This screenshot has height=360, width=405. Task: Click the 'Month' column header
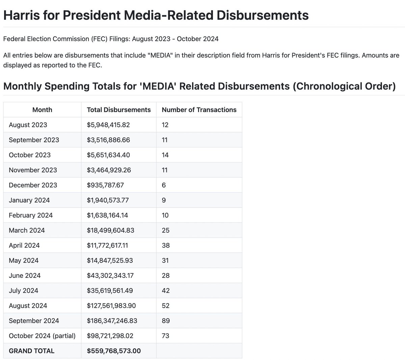coord(42,110)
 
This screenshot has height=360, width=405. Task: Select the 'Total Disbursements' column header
coord(118,110)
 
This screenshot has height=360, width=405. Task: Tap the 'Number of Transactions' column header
coord(199,110)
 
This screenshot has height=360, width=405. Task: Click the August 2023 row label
coord(28,125)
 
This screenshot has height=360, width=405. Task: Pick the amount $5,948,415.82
coord(108,125)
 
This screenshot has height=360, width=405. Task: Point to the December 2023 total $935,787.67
coord(105,185)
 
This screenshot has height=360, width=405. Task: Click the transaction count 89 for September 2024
coord(165,321)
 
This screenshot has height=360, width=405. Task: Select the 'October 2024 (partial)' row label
coord(42,336)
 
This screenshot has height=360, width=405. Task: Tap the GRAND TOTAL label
coord(31,351)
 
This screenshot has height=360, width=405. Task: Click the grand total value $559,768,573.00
coord(114,351)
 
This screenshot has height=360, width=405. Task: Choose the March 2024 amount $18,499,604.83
coord(110,230)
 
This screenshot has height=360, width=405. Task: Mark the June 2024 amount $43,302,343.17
coord(110,276)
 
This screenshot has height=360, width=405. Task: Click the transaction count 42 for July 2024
coord(166,290)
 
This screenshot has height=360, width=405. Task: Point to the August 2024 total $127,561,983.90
coord(111,306)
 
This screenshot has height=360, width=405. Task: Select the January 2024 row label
coord(29,200)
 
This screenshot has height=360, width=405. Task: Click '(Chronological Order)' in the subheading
coord(344,86)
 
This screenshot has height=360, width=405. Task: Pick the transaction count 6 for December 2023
coord(164,185)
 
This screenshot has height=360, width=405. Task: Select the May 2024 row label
coord(24,260)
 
